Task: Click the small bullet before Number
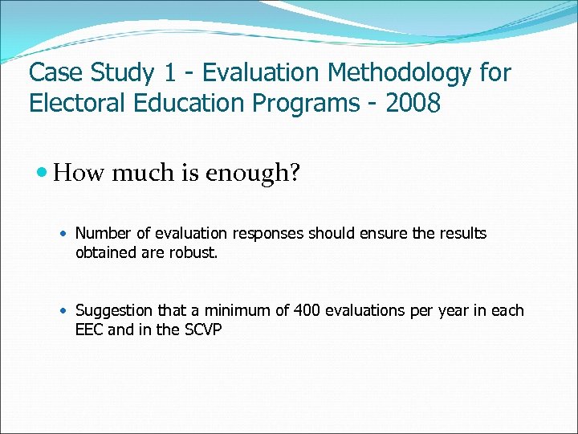point(66,234)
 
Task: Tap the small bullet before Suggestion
point(66,311)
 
